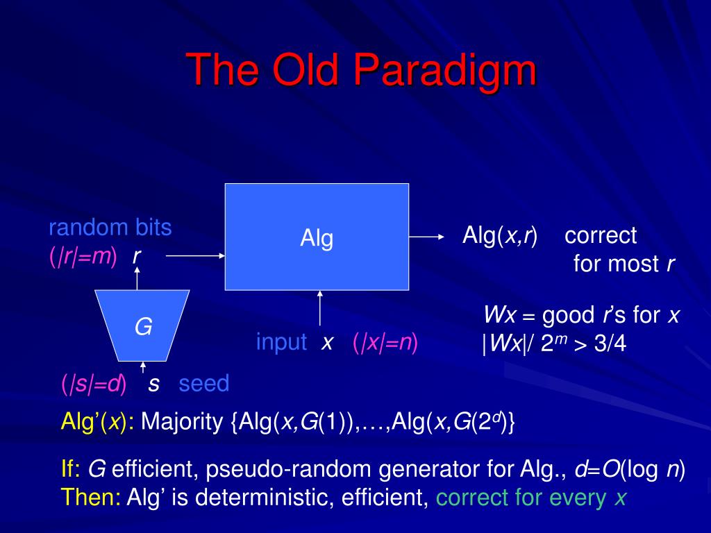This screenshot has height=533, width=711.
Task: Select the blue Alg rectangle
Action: [317, 237]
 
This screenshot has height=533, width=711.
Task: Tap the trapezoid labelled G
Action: [142, 325]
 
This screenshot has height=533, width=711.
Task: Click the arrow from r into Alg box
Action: [195, 255]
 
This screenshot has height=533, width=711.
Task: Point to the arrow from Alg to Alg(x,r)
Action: [427, 237]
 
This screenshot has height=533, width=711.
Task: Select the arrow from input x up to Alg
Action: [320, 307]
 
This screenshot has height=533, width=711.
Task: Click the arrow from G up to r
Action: [137, 278]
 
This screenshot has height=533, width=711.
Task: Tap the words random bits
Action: [110, 228]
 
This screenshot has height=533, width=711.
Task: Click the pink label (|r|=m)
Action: [83, 257]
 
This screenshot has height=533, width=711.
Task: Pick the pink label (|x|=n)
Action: [385, 342]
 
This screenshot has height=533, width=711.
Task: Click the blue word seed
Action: [204, 383]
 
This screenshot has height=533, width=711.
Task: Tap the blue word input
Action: [282, 342]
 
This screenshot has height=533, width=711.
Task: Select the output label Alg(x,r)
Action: [500, 236]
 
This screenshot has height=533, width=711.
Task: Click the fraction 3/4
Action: [610, 344]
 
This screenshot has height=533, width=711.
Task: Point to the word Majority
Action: [182, 422]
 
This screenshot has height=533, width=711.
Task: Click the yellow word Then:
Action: [91, 497]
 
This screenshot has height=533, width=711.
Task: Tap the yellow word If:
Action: [71, 468]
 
